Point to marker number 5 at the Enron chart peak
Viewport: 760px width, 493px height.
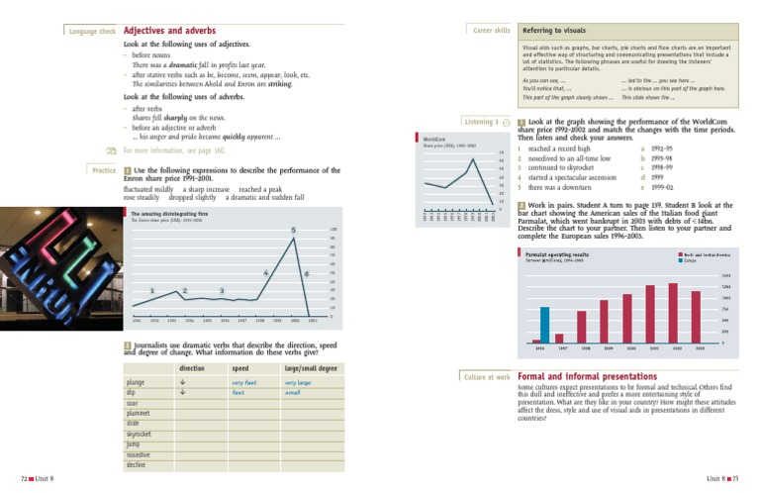click(294, 230)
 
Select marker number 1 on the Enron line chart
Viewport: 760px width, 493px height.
click(151, 290)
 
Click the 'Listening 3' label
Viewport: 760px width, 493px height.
click(485, 121)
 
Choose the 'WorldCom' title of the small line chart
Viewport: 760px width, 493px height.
click(435, 140)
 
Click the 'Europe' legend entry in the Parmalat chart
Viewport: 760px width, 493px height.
click(690, 261)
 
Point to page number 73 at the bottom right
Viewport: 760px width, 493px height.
click(738, 479)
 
